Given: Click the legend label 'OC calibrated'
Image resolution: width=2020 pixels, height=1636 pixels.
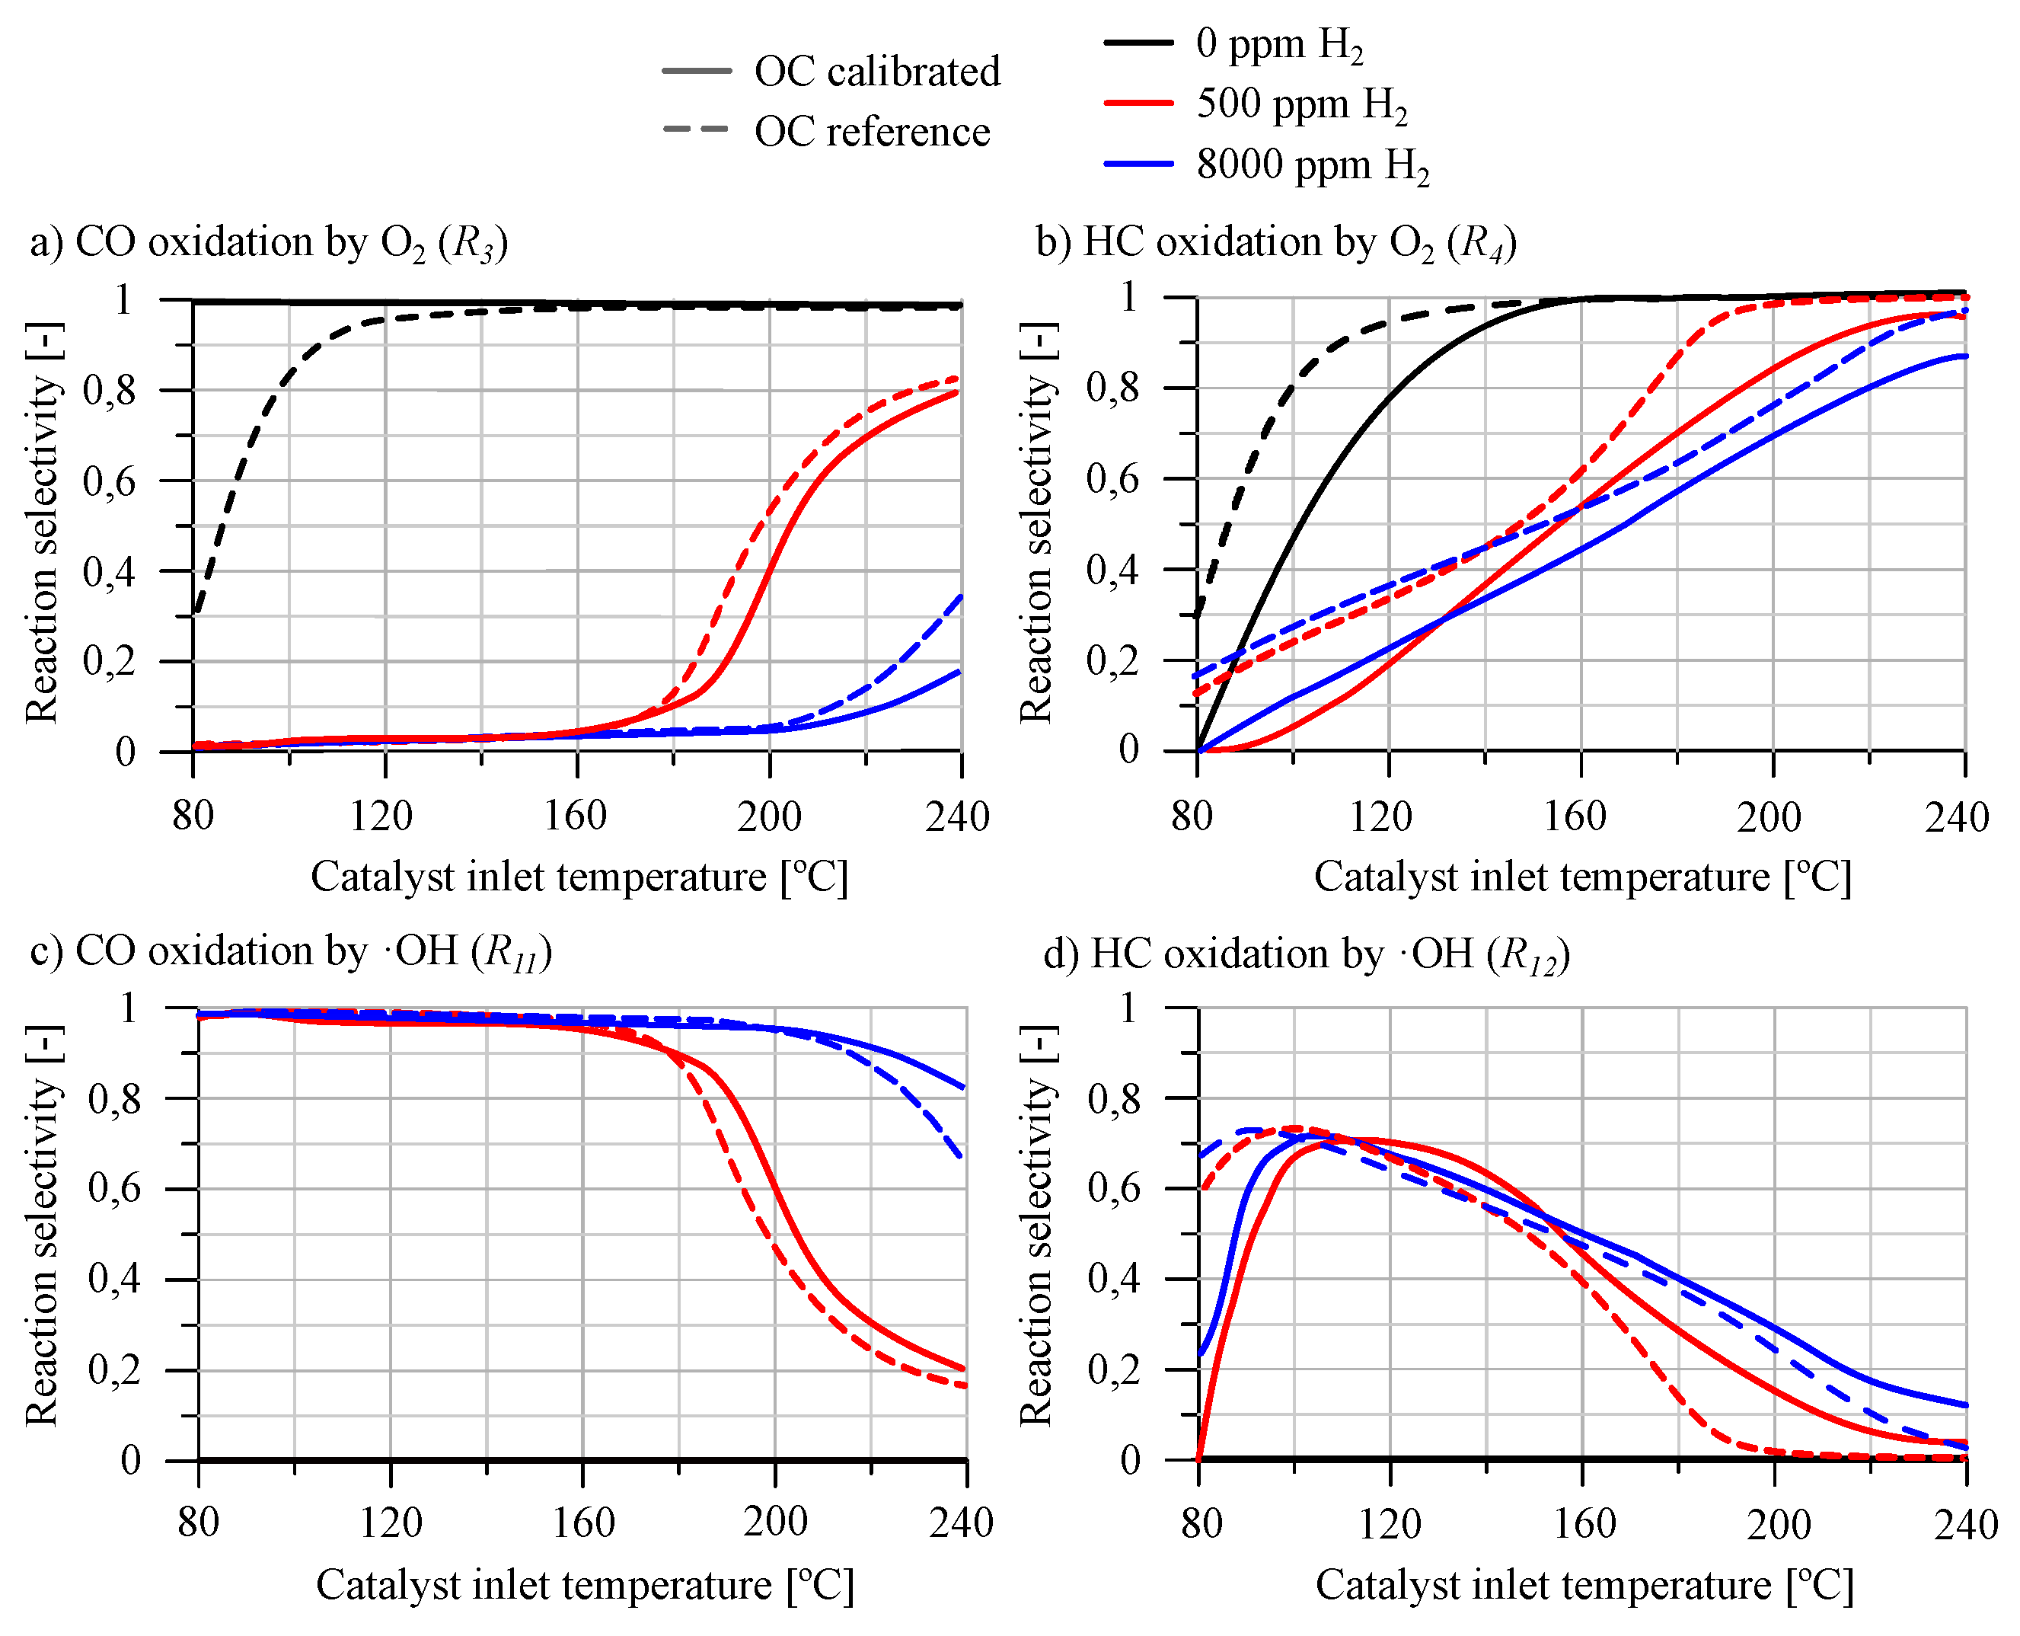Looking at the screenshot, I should [x=876, y=72].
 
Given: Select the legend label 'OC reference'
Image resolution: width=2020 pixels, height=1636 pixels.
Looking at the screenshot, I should [x=872, y=132].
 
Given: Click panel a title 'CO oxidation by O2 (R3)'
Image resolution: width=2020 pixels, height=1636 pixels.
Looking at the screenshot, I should [x=270, y=243].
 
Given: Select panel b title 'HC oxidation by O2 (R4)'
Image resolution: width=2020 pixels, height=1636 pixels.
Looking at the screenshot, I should [x=1277, y=243].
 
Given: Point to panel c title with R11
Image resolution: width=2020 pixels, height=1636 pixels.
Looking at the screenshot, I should [x=290, y=952].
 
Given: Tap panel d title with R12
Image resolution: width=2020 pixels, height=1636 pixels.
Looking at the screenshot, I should [x=1306, y=954].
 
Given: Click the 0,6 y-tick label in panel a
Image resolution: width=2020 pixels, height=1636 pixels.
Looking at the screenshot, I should [x=110, y=481].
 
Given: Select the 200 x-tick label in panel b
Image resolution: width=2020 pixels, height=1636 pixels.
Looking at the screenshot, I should [x=1769, y=816].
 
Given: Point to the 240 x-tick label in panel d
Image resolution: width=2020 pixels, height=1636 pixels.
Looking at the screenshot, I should [x=1965, y=1524].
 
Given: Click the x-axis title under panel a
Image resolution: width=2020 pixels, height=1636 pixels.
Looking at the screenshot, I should [x=579, y=877].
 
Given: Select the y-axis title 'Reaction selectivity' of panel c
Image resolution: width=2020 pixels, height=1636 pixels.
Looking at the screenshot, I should [x=43, y=1225].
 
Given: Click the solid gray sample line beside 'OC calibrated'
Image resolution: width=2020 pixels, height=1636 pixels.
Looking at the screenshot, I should [x=696, y=72].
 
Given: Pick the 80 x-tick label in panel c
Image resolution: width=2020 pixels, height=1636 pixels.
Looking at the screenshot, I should [x=198, y=1522].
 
